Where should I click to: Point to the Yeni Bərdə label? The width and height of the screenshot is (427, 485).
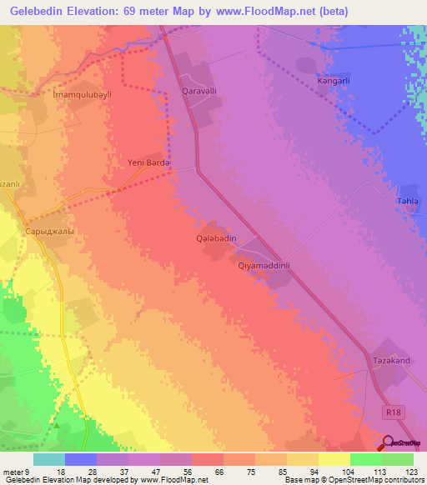pyautogui.click(x=148, y=163)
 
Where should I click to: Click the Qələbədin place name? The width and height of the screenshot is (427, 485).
pyautogui.click(x=217, y=238)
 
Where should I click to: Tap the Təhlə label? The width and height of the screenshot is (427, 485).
pyautogui.click(x=404, y=210)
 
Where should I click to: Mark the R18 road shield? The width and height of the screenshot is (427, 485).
pyautogui.click(x=394, y=412)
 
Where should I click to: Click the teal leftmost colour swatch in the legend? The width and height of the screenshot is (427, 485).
pyautogui.click(x=49, y=459)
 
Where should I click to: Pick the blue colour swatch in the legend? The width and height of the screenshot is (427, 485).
pyautogui.click(x=81, y=459)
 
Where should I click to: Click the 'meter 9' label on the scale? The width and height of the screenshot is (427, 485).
pyautogui.click(x=16, y=472)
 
